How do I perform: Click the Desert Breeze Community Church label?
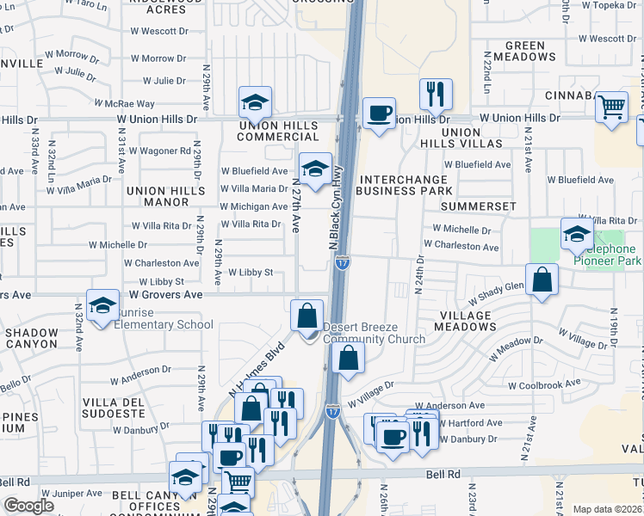tap(374, 333)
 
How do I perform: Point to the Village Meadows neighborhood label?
tap(463, 321)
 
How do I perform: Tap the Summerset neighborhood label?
tap(478, 206)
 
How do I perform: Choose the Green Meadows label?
tap(530, 51)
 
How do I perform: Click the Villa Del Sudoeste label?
tap(118, 408)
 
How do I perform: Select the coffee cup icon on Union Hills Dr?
tap(379, 113)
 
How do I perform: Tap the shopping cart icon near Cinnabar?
tap(611, 107)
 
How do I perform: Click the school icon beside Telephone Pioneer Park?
tap(576, 232)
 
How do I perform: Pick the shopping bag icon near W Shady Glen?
tap(542, 279)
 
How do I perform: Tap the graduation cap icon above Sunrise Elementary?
tap(102, 305)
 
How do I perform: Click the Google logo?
tap(29, 506)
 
